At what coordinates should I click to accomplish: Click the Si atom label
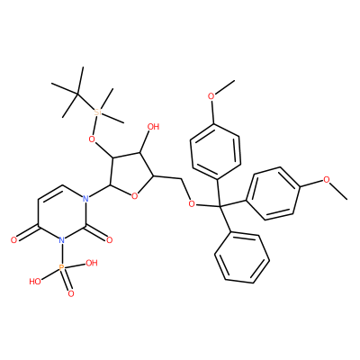(x=98, y=112)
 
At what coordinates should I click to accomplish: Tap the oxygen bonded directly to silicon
(x=93, y=139)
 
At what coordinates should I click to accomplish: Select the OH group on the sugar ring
(x=153, y=127)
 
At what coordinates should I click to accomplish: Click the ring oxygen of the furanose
(x=135, y=196)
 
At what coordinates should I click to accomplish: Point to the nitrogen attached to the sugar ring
(x=85, y=199)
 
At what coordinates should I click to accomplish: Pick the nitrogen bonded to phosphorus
(x=61, y=240)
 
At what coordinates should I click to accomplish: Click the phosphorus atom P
(x=61, y=267)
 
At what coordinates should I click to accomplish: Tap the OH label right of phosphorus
(x=92, y=263)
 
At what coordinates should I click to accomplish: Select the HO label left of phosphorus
(x=35, y=282)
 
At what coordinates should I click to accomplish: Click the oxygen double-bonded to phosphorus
(x=71, y=293)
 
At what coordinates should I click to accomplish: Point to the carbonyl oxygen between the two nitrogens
(x=109, y=240)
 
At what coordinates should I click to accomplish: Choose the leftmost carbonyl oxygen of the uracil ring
(x=13, y=240)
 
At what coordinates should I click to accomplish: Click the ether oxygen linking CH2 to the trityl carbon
(x=192, y=204)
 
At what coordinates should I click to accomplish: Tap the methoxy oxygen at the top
(x=211, y=96)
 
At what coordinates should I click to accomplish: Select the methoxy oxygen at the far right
(x=327, y=180)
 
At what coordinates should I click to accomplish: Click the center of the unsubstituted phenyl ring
(x=242, y=257)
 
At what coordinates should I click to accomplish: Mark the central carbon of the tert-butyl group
(x=76, y=94)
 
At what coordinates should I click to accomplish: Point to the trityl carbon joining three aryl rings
(x=220, y=206)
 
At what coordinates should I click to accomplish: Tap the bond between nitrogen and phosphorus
(x=61, y=254)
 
